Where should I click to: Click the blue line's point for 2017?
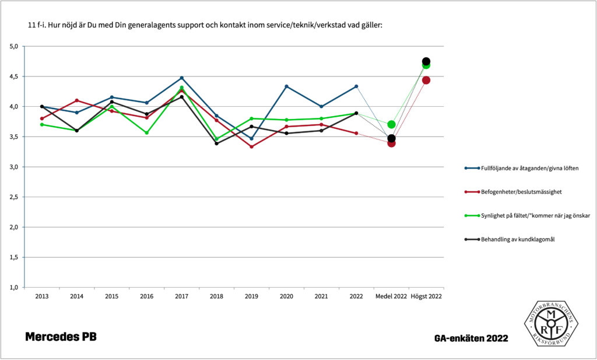point(182,78)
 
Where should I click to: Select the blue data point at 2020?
point(287,86)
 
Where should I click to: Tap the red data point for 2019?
point(252,146)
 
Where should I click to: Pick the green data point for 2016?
point(147,133)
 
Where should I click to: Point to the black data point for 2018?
point(217,143)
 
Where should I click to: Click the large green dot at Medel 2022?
point(392,124)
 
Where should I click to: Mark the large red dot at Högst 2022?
point(426,80)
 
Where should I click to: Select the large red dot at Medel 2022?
point(392,143)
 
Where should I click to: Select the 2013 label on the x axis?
point(42,296)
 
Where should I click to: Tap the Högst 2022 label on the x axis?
point(426,296)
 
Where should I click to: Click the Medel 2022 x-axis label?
point(392,296)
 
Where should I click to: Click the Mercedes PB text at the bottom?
point(61,337)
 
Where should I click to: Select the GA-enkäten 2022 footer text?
point(471,338)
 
